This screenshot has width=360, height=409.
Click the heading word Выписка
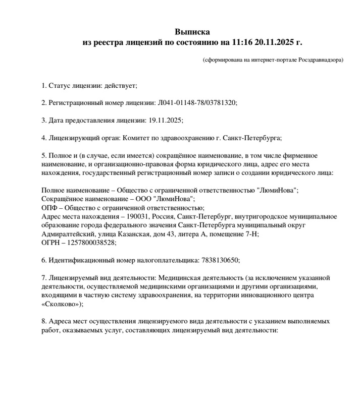tap(192, 32)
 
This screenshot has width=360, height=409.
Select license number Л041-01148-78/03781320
tap(196, 102)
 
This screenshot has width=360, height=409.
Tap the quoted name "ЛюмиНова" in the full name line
tap(277, 190)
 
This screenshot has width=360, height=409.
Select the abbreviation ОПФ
tap(49, 208)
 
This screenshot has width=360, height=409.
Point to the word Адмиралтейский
tap(66, 234)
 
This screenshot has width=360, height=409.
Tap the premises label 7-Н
tap(251, 234)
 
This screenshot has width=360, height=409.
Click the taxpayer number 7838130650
tap(220, 260)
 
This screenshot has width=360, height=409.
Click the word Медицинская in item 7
tap(179, 278)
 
